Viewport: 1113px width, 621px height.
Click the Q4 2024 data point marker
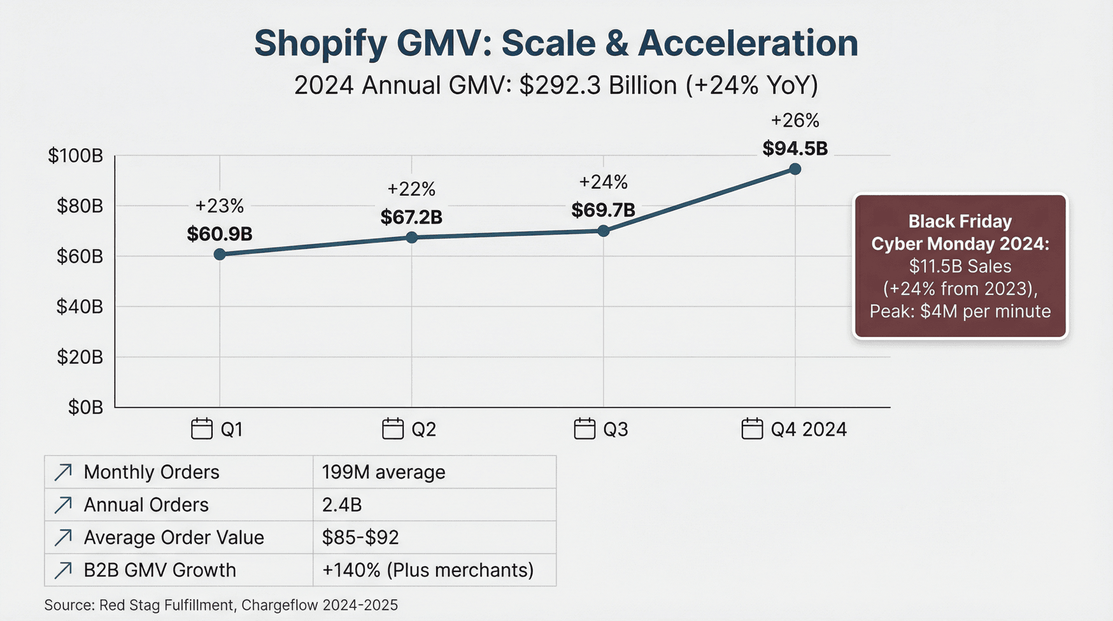pos(795,169)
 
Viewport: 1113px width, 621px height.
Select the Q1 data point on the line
pos(220,254)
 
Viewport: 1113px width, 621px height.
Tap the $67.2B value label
pos(411,217)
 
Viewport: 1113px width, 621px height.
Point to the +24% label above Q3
pos(603,183)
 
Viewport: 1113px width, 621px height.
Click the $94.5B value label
pos(795,148)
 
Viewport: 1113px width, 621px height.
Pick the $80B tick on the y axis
pos(80,206)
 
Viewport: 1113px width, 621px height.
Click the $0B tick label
pos(85,407)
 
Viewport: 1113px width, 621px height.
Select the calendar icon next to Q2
pos(393,429)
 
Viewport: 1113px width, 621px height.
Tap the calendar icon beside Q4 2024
pos(752,429)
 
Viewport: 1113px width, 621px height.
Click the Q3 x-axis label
pos(615,429)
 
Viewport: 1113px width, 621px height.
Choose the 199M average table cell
pos(383,472)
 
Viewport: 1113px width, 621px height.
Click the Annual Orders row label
pos(146,504)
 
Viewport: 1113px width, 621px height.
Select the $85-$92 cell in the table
pos(360,538)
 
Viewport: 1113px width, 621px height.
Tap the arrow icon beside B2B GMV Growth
pos(63,570)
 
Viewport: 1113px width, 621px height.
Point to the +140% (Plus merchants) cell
pos(428,570)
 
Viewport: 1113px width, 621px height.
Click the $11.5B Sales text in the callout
pos(960,266)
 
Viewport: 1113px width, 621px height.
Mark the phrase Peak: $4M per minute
pos(960,311)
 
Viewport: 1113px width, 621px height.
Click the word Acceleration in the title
pos(748,43)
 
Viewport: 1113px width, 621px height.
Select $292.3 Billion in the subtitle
pos(598,85)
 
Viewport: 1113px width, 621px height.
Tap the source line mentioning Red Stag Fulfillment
pos(221,605)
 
